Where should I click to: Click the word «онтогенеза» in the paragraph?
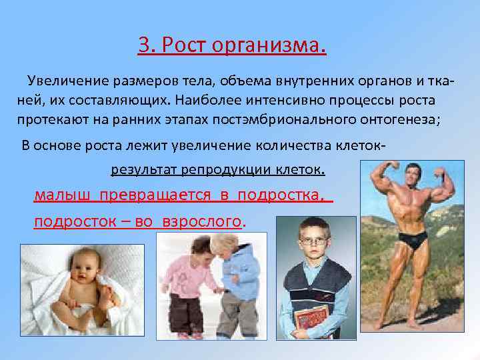377,120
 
